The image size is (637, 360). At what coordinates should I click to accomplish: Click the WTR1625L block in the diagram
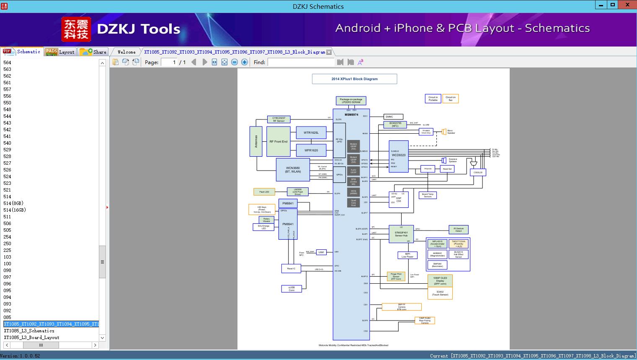click(x=311, y=133)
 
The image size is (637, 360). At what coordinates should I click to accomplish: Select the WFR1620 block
click(x=311, y=150)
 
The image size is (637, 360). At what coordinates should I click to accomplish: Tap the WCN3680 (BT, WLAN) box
click(x=293, y=170)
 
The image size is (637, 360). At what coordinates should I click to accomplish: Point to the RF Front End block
click(x=278, y=142)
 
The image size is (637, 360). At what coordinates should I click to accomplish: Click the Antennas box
click(x=256, y=141)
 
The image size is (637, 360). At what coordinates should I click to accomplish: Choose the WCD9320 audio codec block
click(x=398, y=156)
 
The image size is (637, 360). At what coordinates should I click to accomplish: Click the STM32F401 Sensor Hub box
click(x=401, y=234)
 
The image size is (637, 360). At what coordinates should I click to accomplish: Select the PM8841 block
click(x=288, y=204)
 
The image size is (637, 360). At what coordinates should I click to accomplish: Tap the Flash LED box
click(x=264, y=192)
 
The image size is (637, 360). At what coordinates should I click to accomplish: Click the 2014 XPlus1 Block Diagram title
click(x=354, y=79)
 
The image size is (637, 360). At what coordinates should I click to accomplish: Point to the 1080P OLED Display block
click(x=440, y=280)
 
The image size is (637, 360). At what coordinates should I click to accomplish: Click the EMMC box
click(x=393, y=117)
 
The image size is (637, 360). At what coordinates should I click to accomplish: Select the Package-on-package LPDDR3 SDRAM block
click(x=351, y=101)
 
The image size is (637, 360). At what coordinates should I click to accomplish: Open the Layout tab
click(x=60, y=52)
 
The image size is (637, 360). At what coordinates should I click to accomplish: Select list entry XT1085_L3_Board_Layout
click(x=31, y=337)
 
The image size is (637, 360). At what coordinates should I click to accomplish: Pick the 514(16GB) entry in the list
click(x=15, y=210)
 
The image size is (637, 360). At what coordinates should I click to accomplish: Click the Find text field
click(x=301, y=62)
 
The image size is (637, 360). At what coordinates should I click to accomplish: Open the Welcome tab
click(x=126, y=52)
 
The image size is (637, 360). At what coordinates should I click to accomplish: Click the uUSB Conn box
click(x=291, y=289)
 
